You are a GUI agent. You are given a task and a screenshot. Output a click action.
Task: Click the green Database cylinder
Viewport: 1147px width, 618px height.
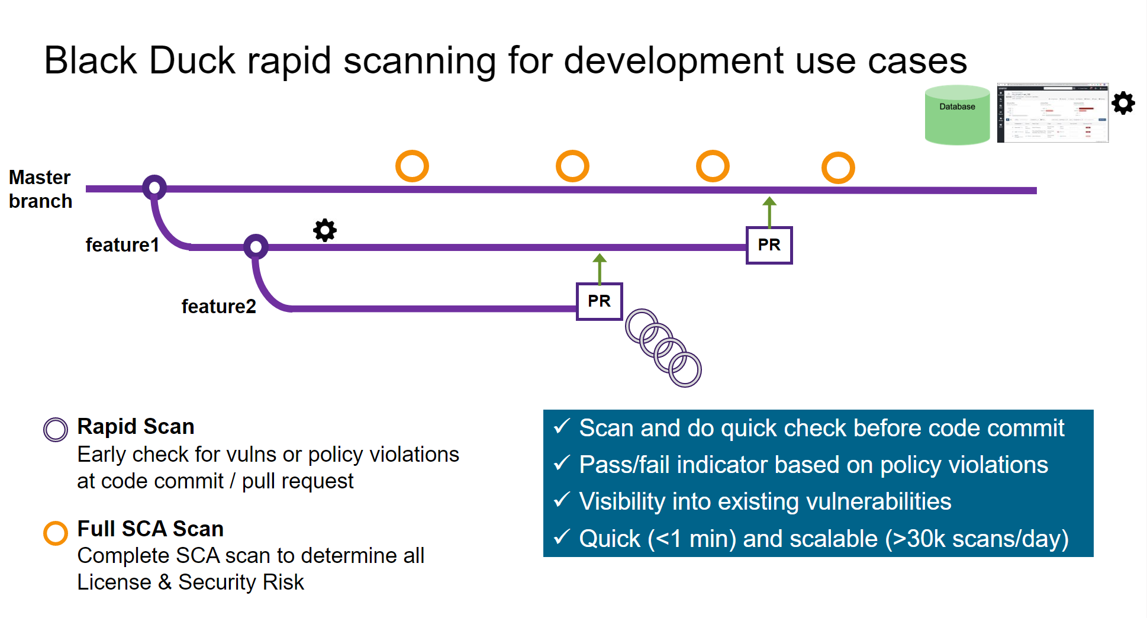(x=957, y=115)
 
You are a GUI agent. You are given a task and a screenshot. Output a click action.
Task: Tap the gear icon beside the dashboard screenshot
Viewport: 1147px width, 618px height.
(x=1123, y=103)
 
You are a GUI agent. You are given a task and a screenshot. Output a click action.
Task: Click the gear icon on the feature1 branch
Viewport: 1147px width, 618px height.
(x=325, y=230)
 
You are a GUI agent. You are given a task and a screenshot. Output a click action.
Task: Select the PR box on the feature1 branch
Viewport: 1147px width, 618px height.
(x=769, y=245)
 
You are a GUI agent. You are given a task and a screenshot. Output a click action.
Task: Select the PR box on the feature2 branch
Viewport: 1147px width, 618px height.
(x=599, y=301)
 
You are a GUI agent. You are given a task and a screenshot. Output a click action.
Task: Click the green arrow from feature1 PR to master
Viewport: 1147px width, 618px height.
(x=769, y=212)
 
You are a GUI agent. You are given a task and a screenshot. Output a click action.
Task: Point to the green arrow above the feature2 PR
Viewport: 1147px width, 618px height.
(x=600, y=268)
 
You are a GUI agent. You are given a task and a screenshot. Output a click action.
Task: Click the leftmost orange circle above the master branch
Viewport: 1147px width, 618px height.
(x=412, y=166)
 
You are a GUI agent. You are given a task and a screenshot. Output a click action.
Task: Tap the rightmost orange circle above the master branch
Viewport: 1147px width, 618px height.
(x=838, y=168)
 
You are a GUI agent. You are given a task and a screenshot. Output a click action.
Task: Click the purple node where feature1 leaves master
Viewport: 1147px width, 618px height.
(x=154, y=188)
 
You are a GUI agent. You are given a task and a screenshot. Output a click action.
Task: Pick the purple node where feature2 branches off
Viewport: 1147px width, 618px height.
(x=256, y=246)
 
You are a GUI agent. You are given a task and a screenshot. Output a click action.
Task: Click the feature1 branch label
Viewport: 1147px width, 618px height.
(x=123, y=245)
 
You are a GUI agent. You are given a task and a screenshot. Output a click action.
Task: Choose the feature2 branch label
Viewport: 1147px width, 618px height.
(x=218, y=307)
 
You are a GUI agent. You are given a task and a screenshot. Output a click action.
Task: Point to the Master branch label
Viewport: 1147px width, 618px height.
(x=40, y=189)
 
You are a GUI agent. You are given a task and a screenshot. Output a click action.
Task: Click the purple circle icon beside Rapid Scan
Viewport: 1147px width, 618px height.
(x=56, y=429)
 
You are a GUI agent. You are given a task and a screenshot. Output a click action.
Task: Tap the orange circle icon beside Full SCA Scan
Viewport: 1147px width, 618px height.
(x=56, y=533)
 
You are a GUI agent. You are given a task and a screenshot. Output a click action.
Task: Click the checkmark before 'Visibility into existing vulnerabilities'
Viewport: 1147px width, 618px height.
(x=562, y=500)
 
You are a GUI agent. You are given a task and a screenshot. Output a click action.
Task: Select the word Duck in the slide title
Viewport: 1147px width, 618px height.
(x=192, y=60)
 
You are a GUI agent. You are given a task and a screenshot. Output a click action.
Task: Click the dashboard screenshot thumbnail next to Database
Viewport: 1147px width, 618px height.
(x=1052, y=112)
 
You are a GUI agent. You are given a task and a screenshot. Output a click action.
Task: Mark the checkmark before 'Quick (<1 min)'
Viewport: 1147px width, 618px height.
(x=562, y=537)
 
